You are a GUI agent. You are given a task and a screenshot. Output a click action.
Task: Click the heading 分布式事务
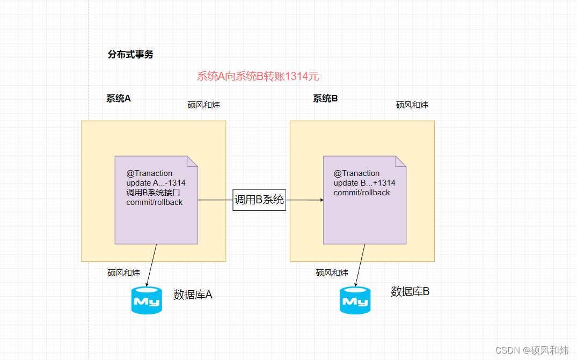130,54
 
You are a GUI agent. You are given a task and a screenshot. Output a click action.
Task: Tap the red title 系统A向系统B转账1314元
258,76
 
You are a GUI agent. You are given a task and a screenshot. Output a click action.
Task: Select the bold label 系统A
119,98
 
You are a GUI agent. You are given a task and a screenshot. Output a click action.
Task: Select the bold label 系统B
325,98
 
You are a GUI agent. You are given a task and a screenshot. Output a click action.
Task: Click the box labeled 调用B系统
259,200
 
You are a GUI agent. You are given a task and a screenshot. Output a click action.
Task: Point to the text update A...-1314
156,183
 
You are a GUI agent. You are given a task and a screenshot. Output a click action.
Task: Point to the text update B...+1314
364,183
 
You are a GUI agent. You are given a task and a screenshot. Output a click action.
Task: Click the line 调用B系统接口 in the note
154,193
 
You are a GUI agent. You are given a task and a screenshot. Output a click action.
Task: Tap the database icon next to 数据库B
355,300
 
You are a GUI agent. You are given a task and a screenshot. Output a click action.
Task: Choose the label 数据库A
193,295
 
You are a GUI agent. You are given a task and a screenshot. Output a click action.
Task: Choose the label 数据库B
410,292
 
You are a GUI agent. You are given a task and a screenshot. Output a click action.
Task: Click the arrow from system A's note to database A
151,265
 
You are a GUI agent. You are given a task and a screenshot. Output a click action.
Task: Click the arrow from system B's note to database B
360,265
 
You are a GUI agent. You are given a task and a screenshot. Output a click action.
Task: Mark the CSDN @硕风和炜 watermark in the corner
531,350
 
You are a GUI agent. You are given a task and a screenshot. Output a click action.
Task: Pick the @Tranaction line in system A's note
149,173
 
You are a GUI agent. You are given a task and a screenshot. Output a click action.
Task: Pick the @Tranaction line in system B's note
356,173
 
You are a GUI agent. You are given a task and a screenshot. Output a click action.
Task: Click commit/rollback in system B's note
362,193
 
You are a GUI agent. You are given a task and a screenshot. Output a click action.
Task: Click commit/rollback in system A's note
155,202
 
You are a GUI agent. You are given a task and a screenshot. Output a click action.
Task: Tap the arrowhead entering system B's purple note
322,200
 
